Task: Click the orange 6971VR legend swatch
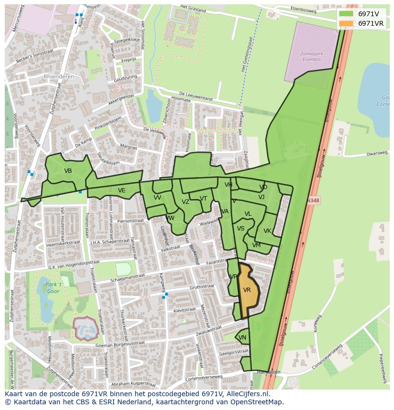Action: click(346, 23)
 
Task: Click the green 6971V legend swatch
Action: click(346, 14)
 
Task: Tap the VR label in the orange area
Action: click(247, 290)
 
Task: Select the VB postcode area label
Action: click(68, 171)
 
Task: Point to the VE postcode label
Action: click(122, 190)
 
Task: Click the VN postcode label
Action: click(242, 338)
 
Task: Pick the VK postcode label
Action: click(267, 231)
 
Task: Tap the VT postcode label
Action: click(203, 199)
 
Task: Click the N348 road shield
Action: click(313, 201)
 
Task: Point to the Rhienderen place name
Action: click(59, 76)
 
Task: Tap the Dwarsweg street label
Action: click(377, 154)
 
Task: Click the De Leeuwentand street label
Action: click(195, 96)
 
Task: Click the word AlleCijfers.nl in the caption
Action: click(247, 394)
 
